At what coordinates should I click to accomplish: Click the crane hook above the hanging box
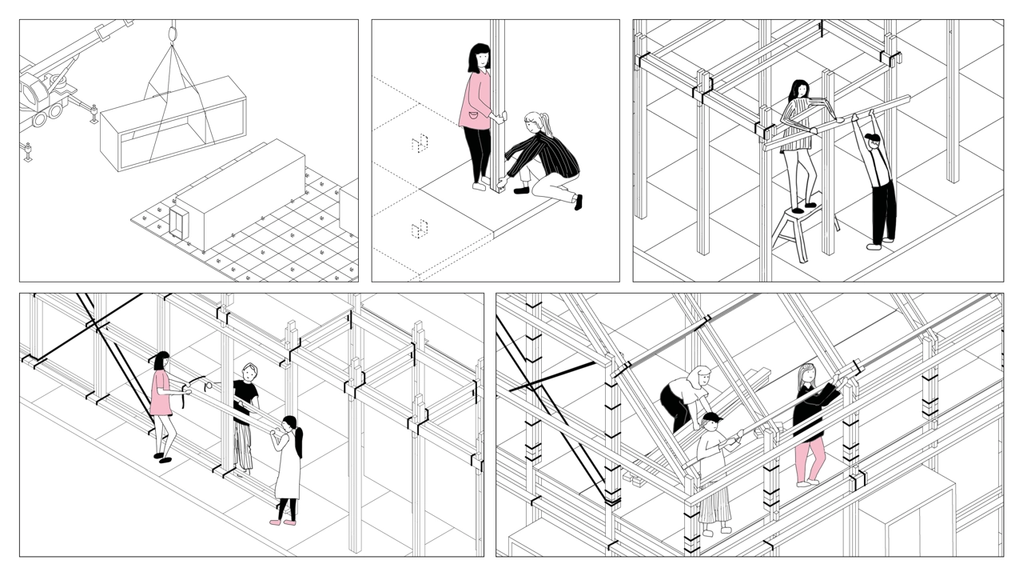171,34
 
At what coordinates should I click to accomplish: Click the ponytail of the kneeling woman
547,122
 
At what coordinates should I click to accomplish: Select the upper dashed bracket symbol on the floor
420,143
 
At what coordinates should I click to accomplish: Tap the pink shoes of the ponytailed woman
282,522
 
